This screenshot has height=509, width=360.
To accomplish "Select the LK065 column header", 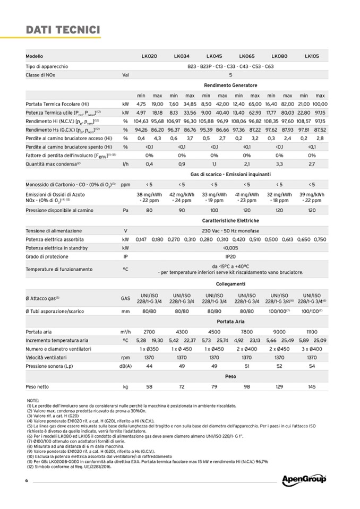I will pos(246,56).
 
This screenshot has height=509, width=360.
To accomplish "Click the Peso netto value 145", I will pos(312,386).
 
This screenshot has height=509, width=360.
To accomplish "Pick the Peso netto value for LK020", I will pos(149,386).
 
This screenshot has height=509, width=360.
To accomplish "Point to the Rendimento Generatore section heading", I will pos(230,85).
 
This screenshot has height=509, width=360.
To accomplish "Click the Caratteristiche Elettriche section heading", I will pos(230,220).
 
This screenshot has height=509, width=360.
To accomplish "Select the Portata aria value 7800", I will pos(246,331).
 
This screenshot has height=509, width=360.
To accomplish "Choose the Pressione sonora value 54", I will pos(312,366).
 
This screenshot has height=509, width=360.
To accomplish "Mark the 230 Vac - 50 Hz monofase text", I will pos(230,231).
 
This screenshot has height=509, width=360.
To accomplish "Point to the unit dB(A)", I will pos(125,366).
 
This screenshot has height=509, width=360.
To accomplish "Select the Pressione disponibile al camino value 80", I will pos(149,210).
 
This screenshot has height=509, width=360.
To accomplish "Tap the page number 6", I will pos(26,481).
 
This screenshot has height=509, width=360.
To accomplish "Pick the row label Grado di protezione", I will pos(47,256).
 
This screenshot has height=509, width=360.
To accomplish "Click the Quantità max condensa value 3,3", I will pos(279,164).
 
